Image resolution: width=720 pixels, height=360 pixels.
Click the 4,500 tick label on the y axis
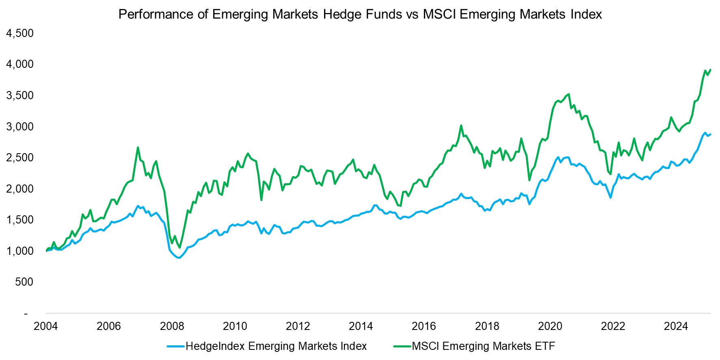coord(19,33)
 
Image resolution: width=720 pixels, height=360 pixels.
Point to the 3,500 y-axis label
coord(19,95)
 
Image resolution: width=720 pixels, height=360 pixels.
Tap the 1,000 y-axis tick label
coord(19,251)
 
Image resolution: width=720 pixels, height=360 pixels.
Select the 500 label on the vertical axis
coord(24,282)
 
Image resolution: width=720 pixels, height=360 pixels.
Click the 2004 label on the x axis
coord(45,326)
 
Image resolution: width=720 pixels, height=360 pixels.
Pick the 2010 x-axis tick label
coord(235,326)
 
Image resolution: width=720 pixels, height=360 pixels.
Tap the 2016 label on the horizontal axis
coord(424,326)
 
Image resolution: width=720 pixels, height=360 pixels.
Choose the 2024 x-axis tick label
coord(676,326)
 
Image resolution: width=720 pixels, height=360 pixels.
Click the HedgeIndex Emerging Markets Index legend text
coord(276,346)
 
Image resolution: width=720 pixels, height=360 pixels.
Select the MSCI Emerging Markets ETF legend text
coord(483,346)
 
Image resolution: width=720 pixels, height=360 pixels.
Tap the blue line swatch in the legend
coord(176,347)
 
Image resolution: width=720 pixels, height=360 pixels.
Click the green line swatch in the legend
coord(402,347)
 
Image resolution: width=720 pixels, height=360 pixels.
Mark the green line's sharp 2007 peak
coord(138,147)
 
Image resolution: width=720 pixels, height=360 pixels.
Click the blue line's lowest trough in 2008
coord(179,258)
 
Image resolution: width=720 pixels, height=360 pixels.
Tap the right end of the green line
coord(710,69)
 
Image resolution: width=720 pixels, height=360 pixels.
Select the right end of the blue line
coord(710,134)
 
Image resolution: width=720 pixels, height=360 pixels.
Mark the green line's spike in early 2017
coord(461,126)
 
